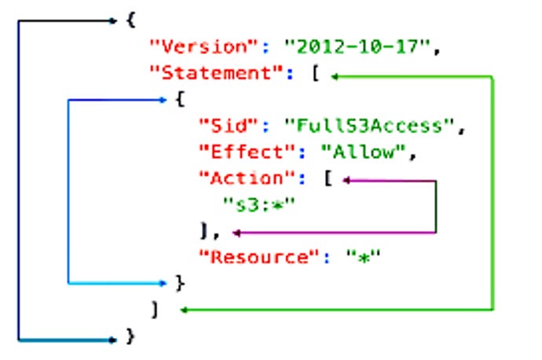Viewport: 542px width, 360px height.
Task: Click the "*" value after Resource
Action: point(364,258)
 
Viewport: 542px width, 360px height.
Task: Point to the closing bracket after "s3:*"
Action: point(206,232)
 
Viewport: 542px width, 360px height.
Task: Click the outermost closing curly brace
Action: point(130,337)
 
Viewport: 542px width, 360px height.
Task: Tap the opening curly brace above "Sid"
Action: point(181,101)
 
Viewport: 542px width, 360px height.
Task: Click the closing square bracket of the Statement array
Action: point(156,310)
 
